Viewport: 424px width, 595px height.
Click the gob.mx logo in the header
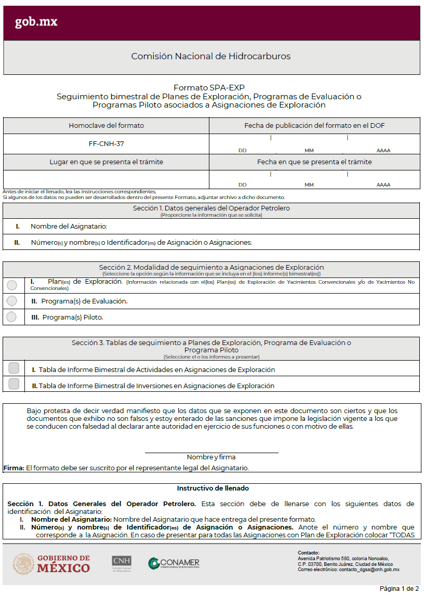tap(36, 22)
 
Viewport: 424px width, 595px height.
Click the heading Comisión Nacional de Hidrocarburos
tap(211, 56)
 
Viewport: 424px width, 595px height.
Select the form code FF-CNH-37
tap(106, 143)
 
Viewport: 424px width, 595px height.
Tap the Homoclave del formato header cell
tap(106, 126)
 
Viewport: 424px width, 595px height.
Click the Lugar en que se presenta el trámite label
tap(106, 162)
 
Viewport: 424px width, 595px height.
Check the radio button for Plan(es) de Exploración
tap(12, 285)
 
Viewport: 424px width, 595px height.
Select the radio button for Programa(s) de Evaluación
tap(12, 301)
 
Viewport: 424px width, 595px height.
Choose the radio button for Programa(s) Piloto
tap(12, 316)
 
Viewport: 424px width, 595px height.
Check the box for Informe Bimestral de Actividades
tap(14, 368)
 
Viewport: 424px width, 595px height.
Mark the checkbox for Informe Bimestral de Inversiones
tap(14, 384)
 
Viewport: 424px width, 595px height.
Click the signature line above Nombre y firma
tap(211, 452)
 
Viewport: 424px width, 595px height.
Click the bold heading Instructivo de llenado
tap(213, 488)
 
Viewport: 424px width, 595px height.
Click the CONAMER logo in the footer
tap(174, 563)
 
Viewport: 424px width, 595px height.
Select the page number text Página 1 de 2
tap(399, 589)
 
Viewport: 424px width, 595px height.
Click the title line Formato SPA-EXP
tap(209, 88)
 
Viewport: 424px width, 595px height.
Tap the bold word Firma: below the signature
tap(14, 468)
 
